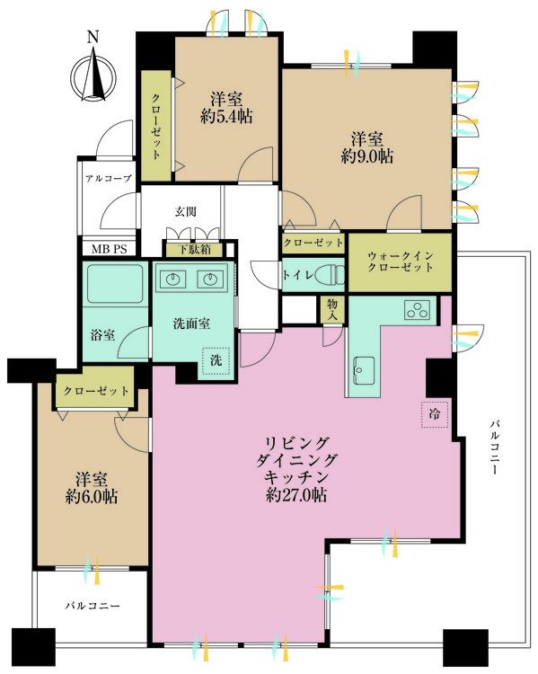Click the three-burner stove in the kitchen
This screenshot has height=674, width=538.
(x=418, y=311)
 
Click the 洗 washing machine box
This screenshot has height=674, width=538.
(x=216, y=360)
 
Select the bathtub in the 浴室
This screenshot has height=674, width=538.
(x=113, y=284)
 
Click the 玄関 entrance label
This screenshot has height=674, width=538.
(x=185, y=212)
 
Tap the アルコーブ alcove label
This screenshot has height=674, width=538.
(x=109, y=179)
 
